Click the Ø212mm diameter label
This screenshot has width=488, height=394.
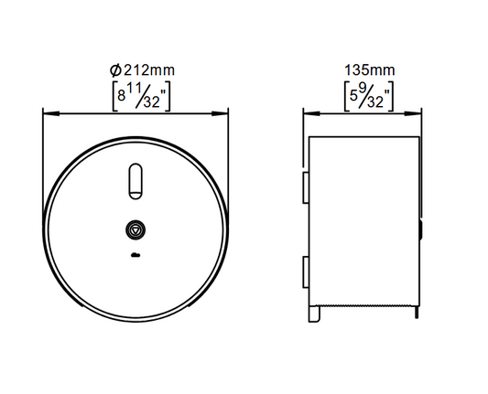(142, 70)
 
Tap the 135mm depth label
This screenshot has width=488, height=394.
(369, 69)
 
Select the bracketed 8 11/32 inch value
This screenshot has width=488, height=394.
(141, 96)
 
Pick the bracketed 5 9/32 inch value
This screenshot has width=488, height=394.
(369, 96)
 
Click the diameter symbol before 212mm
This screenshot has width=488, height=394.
(115, 70)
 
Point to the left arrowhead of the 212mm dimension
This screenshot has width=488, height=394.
(51, 113)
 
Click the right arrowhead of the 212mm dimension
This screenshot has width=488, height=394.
(220, 113)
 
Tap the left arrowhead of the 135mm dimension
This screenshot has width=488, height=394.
(312, 113)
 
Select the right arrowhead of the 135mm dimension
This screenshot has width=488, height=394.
(413, 113)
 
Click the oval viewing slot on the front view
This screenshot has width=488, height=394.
(136, 181)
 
